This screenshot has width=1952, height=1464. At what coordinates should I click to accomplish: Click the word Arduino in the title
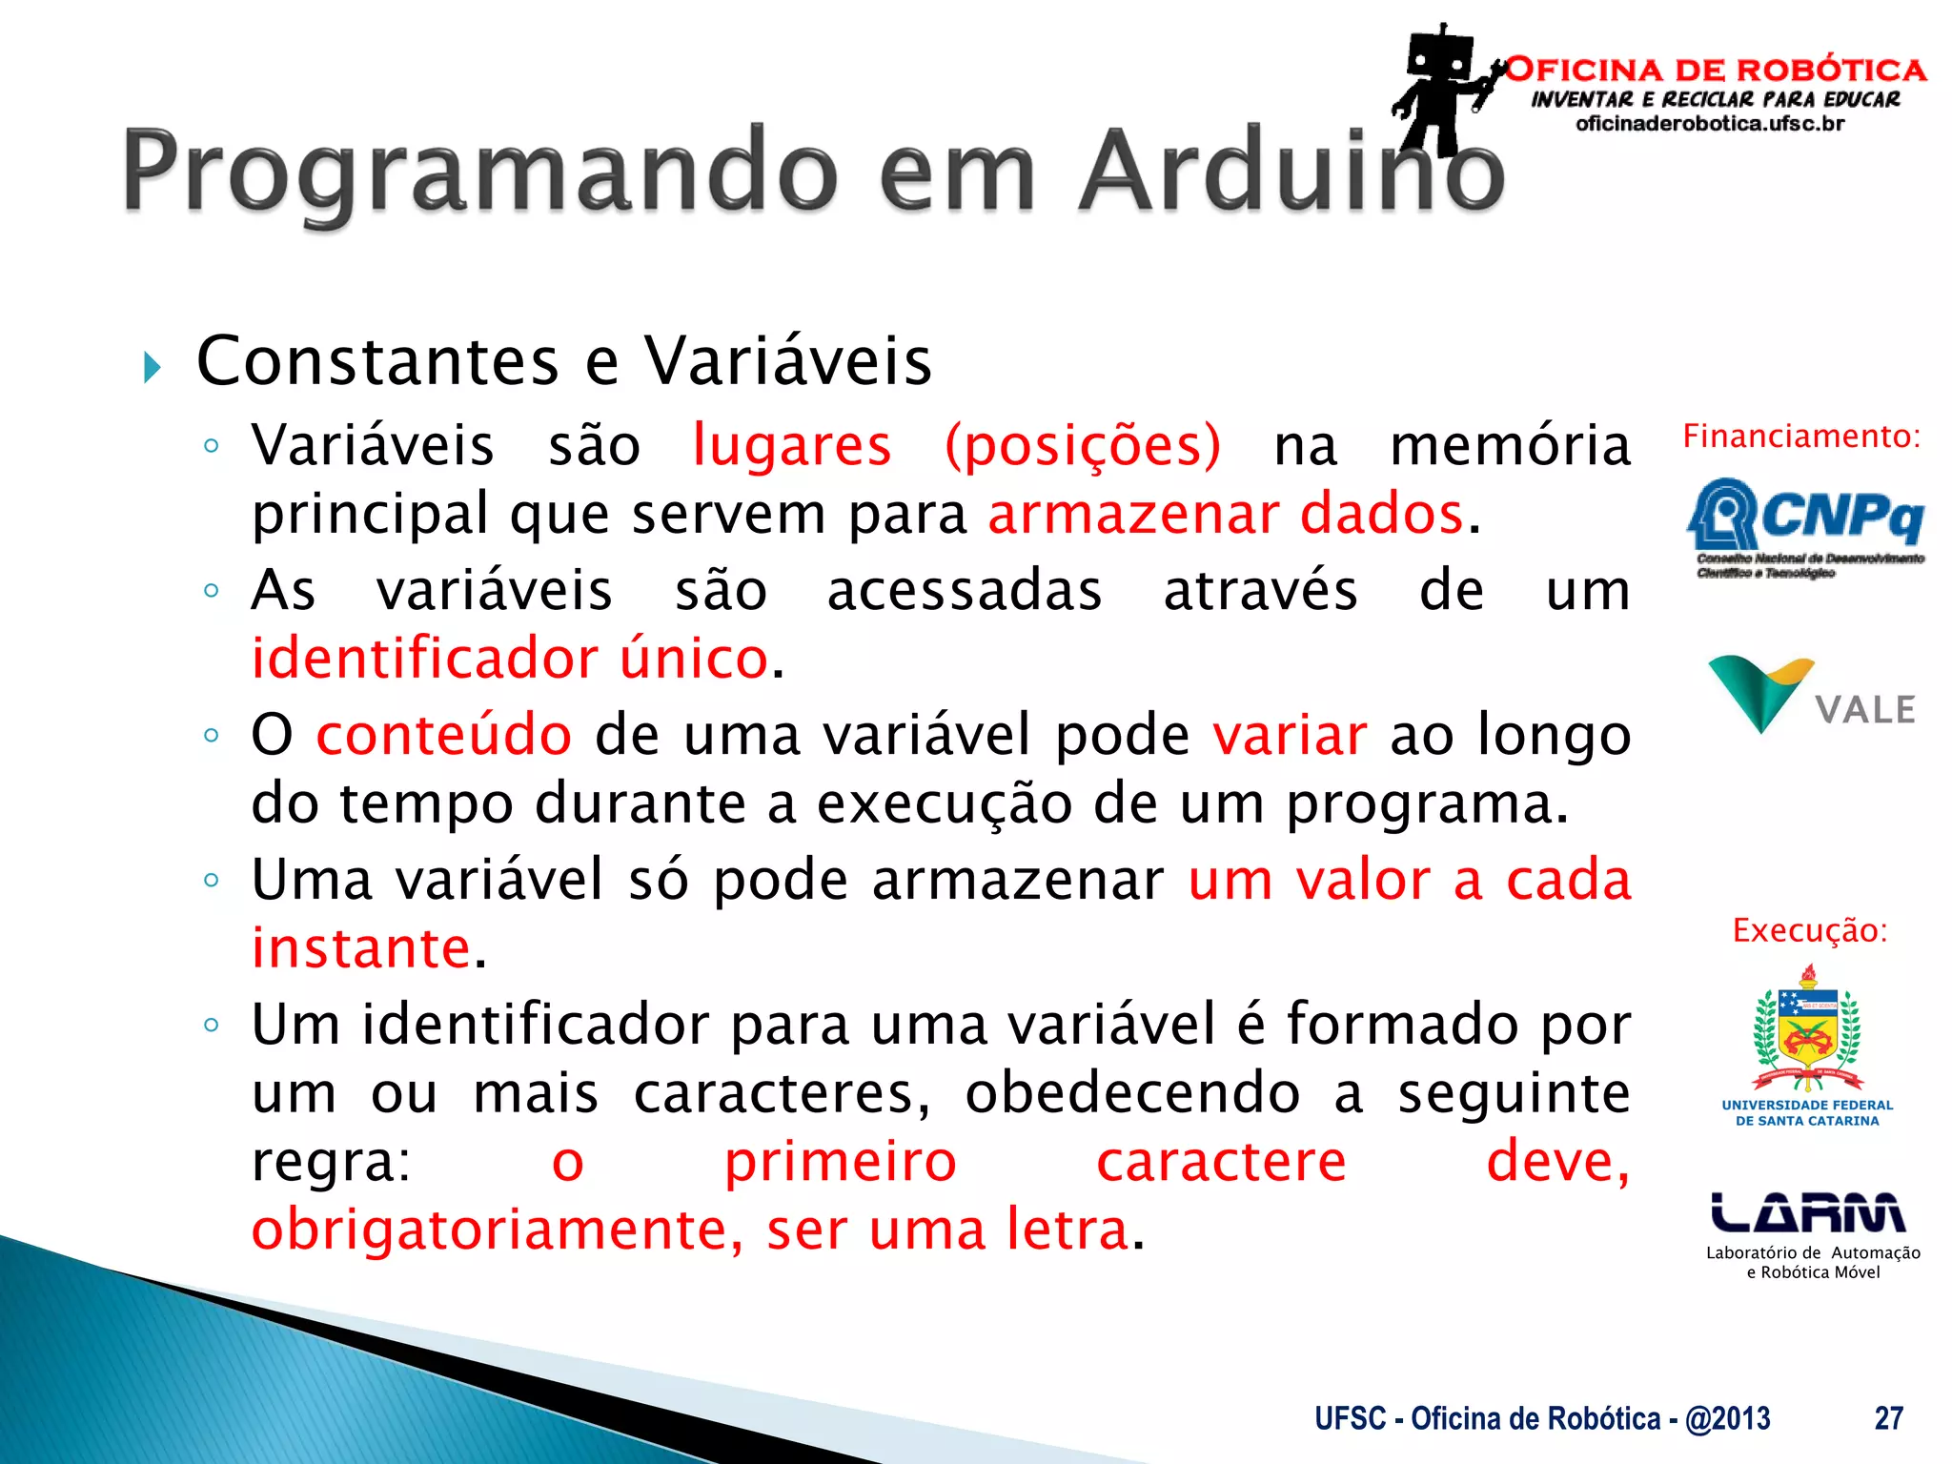tap(1291, 172)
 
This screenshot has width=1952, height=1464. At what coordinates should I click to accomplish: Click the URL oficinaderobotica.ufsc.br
tap(1710, 124)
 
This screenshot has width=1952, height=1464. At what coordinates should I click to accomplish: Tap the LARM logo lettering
tap(1808, 1212)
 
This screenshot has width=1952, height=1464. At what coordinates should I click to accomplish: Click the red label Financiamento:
tap(1800, 437)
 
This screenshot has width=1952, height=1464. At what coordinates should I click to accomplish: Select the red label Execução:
tap(1809, 930)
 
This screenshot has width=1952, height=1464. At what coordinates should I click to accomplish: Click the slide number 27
tap(1888, 1418)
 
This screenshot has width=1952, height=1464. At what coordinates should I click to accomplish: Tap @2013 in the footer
tap(1727, 1418)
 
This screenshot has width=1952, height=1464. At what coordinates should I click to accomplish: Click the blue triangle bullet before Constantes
tap(152, 367)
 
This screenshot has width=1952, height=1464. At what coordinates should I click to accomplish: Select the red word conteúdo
tap(443, 736)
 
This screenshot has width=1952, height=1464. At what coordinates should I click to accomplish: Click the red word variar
tap(1290, 736)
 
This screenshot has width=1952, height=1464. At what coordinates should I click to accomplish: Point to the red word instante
tap(361, 948)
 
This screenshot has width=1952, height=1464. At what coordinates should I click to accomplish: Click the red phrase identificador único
tap(509, 659)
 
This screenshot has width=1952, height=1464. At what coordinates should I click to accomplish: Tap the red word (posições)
tap(1082, 446)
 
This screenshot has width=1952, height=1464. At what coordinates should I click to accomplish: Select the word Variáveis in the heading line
tap(787, 361)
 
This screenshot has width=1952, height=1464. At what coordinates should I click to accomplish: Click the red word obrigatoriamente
tap(496, 1230)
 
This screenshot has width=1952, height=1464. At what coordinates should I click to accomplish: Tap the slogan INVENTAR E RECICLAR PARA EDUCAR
tap(1715, 99)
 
